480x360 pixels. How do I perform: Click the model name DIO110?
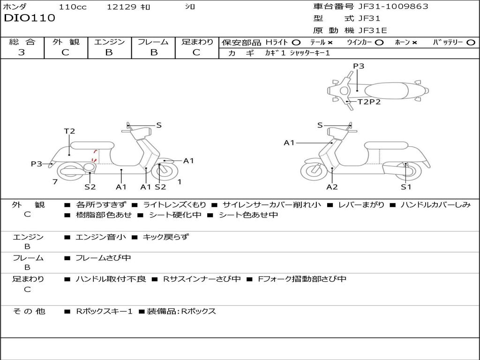coord(30,18)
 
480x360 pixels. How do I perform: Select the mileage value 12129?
coord(121,7)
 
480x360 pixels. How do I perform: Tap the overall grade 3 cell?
coord(22,52)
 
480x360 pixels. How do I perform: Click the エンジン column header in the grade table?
coord(109,42)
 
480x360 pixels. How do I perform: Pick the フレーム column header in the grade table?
coord(153,42)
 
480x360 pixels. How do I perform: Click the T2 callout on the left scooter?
coord(69,131)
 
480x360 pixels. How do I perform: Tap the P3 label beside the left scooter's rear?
coord(37,164)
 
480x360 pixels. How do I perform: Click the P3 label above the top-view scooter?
coord(359,66)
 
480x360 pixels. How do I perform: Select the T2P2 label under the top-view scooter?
coord(369,102)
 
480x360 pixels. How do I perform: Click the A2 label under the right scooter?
coord(332,187)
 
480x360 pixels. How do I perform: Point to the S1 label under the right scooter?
coord(406,187)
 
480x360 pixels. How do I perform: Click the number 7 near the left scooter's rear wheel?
coord(55,181)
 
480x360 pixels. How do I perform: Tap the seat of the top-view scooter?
coord(384,90)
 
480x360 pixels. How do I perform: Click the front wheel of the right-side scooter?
coord(314,171)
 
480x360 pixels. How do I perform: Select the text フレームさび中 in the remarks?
coord(103,258)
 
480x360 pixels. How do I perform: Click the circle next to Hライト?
coord(296,42)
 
